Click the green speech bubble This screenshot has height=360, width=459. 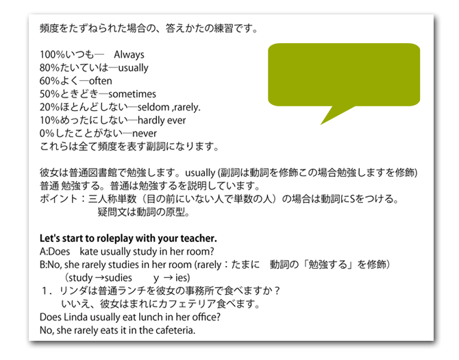point(343,74)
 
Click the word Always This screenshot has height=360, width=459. point(129,55)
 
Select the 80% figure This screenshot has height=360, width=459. point(49,68)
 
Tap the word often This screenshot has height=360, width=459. point(101,81)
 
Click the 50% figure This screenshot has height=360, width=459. point(49,94)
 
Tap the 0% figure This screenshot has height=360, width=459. point(47,133)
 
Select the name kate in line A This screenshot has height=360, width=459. point(90,251)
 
